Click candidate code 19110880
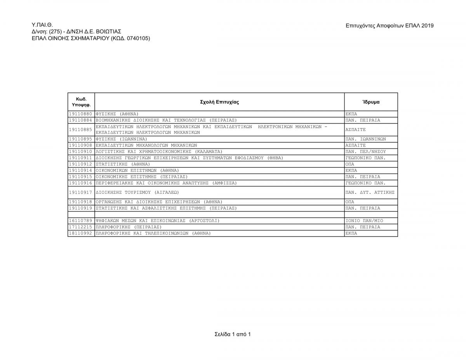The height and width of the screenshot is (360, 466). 81,114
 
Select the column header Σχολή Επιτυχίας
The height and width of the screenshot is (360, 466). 219,102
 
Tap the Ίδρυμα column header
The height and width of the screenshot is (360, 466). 371,102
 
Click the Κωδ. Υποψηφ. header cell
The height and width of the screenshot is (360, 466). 81,102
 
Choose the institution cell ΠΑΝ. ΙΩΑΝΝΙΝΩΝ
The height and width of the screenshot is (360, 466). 365,139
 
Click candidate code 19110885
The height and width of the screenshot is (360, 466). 81,130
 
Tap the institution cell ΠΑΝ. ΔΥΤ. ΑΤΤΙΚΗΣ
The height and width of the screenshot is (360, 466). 370,192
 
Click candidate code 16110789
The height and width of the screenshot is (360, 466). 81,221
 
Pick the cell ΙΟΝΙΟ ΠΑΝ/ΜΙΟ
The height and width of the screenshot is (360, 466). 364,221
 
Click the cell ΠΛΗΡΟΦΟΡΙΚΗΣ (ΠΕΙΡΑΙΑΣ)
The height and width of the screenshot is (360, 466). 129,227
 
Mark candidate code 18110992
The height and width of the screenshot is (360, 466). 81,233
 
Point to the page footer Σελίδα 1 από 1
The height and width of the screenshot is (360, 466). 233,334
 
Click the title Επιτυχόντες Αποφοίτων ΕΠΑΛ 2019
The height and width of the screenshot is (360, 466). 389,26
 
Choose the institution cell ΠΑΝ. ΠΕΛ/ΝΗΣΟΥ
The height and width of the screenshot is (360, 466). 365,151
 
